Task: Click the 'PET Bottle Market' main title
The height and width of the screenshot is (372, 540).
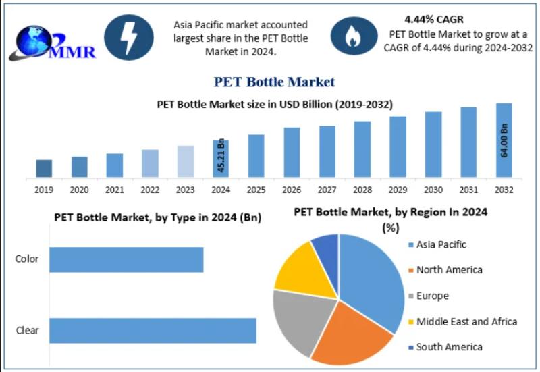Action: [x=274, y=82]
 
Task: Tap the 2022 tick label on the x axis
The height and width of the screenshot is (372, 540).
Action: [x=150, y=190]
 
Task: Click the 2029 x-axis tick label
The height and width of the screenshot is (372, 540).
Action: [x=398, y=190]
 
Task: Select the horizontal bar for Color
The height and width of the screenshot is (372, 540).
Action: [x=126, y=260]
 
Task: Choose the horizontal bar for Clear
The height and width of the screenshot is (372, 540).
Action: [x=153, y=330]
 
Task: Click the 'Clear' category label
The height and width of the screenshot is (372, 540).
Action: [x=28, y=330]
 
